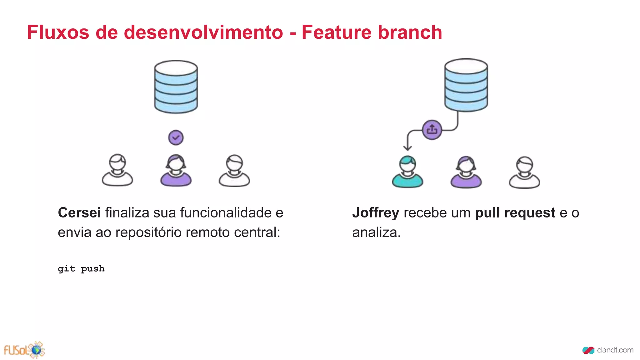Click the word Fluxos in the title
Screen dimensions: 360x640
pos(58,32)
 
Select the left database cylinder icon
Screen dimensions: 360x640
pos(176,87)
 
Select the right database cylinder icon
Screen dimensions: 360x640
pos(466,85)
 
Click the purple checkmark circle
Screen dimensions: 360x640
pos(176,137)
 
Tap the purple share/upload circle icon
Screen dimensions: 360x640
pos(432,129)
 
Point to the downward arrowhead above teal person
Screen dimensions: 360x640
pos(407,147)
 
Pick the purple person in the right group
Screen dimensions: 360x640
pos(466,172)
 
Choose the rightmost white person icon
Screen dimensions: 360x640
pos(524,172)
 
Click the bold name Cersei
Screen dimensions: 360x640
pos(79,213)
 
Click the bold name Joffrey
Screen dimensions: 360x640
pos(376,213)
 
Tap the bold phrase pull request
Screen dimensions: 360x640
pos(515,213)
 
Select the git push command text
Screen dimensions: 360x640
pos(81,269)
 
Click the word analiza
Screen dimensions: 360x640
pos(376,232)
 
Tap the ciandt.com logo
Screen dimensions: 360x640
pos(608,350)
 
